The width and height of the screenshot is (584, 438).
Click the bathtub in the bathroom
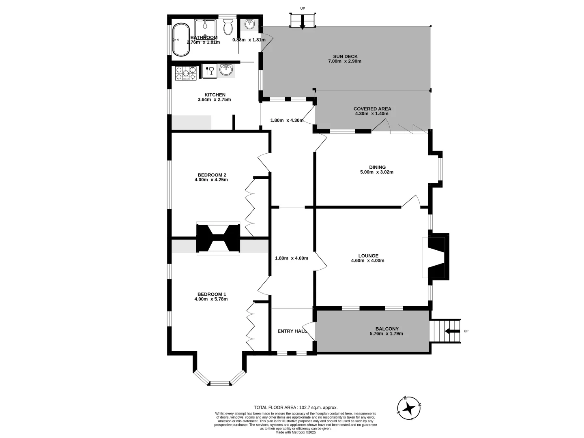181,40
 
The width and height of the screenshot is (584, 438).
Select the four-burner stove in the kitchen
186,73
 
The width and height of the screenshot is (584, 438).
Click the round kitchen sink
226,70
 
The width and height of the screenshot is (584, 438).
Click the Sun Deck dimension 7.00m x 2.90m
344,61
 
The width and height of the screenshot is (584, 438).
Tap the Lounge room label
368,255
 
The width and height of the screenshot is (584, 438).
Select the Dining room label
377,167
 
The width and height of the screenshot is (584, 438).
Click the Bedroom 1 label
211,294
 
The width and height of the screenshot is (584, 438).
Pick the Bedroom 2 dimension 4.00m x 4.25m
211,180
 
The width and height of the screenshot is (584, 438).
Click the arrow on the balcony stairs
450,331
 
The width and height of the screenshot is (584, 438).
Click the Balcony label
386,329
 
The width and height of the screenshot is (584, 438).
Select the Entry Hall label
292,331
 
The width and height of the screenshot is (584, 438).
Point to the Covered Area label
372,109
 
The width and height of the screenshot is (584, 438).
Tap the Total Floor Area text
295,408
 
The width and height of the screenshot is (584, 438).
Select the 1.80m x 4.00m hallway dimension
291,258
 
